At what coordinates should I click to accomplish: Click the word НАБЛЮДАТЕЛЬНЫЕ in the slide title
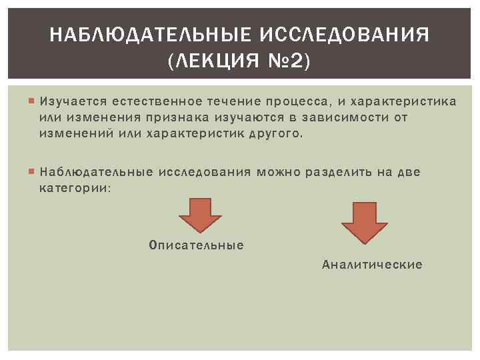147,34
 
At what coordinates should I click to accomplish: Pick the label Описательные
197,245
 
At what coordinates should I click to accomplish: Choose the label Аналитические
372,265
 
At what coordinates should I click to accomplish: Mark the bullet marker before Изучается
32,102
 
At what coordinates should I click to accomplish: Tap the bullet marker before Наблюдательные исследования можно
32,173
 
